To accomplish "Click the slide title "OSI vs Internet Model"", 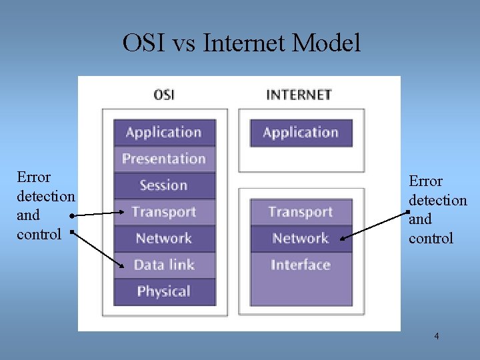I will pos(241,43).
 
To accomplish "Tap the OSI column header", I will pos(164,94).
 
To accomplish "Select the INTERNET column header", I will pos(299,94).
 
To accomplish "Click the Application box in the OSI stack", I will pos(164,132).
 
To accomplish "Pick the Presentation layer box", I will pos(164,159).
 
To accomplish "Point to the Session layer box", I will pos(164,185).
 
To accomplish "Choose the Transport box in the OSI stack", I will pos(164,212).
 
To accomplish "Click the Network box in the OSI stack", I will pos(164,239).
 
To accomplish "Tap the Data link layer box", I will pos(164,265).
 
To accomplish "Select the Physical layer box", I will pos(164,291).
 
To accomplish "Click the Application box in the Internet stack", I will pos(301,132).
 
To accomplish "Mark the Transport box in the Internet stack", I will pos(301,212).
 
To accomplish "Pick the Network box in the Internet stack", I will pos(301,239).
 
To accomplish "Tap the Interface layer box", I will pos(301,265).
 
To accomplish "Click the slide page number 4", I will pos(437,336).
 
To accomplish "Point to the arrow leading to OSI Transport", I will pos(97,214).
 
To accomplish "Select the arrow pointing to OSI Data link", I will pos(97,250).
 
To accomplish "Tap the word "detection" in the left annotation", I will pos(45,196).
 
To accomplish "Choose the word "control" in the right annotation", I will pos(431,238).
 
